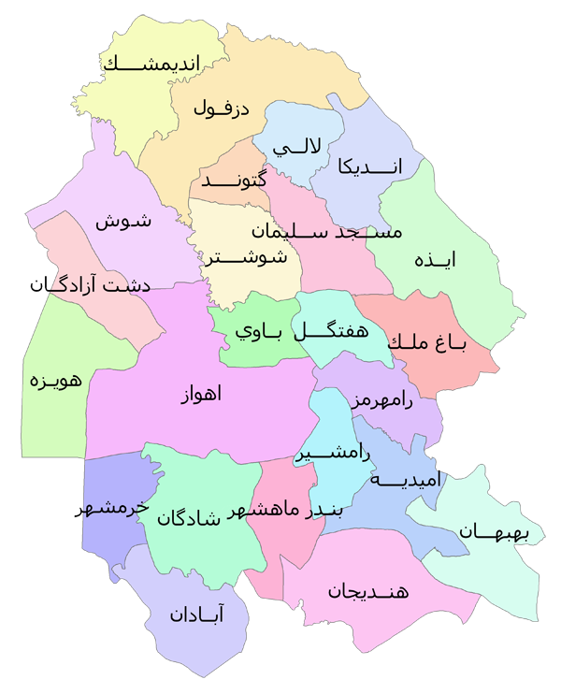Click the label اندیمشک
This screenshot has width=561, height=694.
tap(165, 65)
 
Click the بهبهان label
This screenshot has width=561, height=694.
tap(495, 532)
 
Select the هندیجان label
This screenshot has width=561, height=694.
tap(368, 590)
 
